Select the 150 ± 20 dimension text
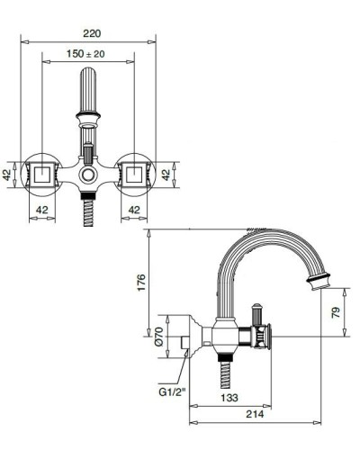[89, 55]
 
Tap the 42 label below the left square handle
[41, 210]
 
